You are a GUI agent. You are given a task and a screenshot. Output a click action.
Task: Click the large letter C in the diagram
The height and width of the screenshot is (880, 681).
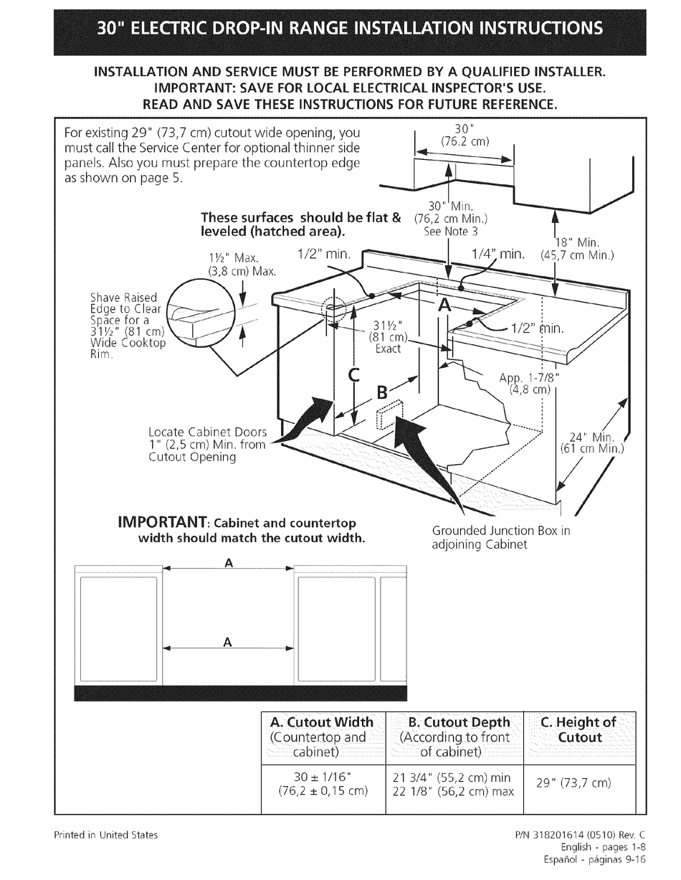[x=353, y=375]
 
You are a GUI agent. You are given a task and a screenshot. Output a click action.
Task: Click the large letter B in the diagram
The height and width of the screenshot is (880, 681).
[x=383, y=392]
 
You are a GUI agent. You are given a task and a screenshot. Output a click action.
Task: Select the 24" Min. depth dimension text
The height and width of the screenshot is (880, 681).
[x=592, y=443]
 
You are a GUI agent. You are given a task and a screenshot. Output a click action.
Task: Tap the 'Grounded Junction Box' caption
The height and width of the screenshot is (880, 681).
[x=501, y=537]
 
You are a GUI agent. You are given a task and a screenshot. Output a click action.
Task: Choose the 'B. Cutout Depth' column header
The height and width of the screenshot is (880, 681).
[x=459, y=722]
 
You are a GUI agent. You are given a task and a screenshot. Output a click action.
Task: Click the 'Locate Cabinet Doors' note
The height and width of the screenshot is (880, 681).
[x=207, y=444]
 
